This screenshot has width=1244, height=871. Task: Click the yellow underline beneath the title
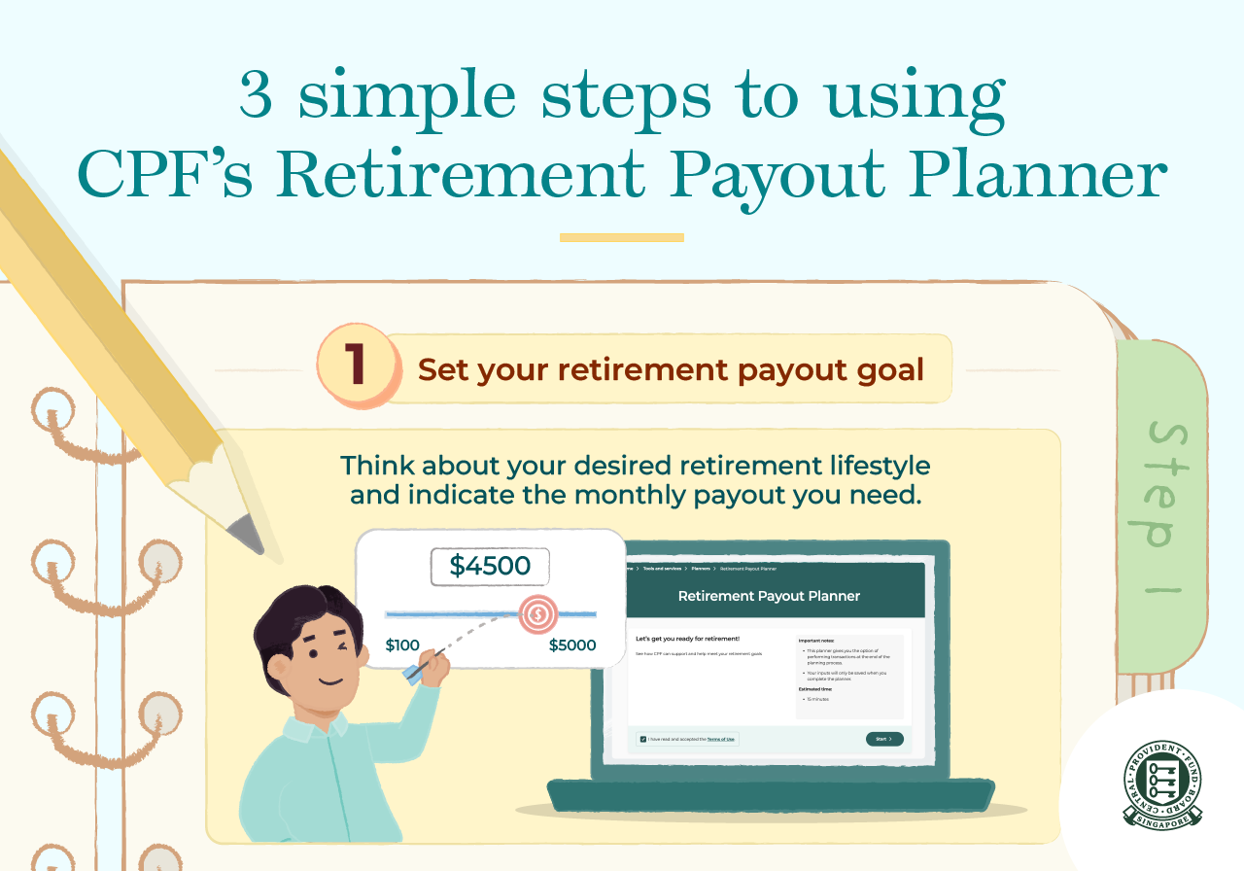622,237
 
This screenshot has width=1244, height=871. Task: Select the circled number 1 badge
358,368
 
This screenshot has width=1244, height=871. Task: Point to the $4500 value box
490,567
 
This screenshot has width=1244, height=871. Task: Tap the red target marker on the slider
537,613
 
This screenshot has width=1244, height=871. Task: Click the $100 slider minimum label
402,645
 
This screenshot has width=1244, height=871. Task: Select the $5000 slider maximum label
572,645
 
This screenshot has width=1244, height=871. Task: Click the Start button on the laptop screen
883,739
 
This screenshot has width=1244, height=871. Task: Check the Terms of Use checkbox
642,740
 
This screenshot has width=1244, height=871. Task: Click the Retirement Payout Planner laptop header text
769,596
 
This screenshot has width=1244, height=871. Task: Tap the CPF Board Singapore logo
1162,785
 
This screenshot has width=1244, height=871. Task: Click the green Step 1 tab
1160,505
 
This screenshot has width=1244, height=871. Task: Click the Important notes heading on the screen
815,642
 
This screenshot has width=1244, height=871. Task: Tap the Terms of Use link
720,740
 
